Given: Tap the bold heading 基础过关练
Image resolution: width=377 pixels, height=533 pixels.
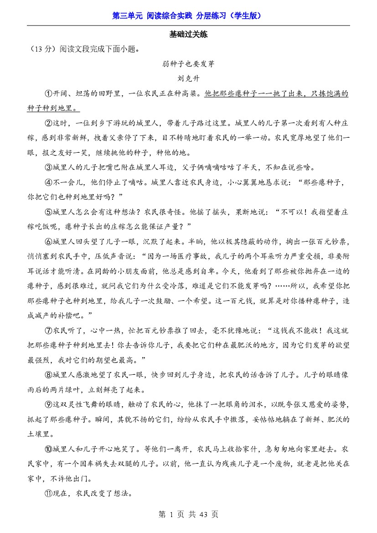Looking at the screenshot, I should [x=188, y=35].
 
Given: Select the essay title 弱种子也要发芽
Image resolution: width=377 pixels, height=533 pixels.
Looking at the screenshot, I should [x=188, y=64].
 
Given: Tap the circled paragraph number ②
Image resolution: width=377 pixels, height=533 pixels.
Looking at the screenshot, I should [x=48, y=123].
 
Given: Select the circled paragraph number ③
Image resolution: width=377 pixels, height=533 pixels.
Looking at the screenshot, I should [x=48, y=167].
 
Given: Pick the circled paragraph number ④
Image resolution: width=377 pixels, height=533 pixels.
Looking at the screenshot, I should [x=48, y=182].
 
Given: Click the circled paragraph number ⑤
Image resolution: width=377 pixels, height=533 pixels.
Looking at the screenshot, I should [x=48, y=212].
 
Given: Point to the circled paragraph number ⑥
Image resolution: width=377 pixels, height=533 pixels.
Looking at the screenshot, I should [x=48, y=242].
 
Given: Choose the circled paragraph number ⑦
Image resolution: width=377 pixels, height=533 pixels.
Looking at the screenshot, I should [x=48, y=330].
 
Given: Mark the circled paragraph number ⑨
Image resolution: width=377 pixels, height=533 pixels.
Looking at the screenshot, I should [x=48, y=404].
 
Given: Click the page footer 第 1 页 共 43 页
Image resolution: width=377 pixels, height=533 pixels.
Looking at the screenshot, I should [x=188, y=514].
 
